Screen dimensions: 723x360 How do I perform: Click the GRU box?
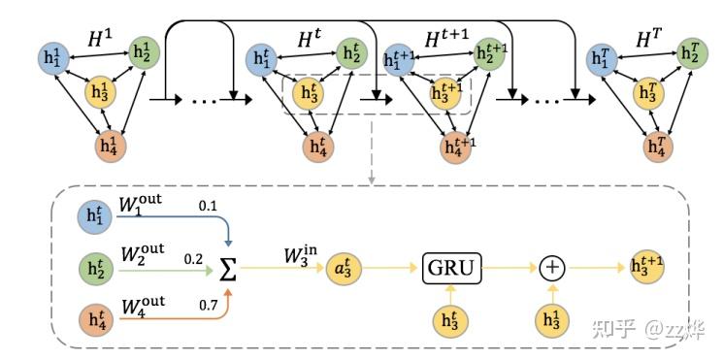pyautogui.click(x=452, y=268)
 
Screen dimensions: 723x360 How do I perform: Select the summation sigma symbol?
pyautogui.click(x=228, y=268)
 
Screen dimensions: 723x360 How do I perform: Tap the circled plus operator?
pyautogui.click(x=553, y=268)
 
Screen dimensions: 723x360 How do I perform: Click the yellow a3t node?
pyautogui.click(x=344, y=268)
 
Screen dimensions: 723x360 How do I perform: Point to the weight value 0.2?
pyautogui.click(x=194, y=259)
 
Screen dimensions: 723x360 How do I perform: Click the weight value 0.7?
pyautogui.click(x=208, y=305)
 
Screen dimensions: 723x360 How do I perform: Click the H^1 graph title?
pyautogui.click(x=101, y=39)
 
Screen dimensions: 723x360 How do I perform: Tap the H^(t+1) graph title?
pyautogui.click(x=446, y=40)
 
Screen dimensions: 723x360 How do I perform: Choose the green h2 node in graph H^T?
pyautogui.click(x=692, y=53)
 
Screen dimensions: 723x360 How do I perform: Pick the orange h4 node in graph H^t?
pyautogui.click(x=317, y=147)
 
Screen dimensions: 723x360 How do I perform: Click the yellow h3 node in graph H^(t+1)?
pyautogui.click(x=445, y=93)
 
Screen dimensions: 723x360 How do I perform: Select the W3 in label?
pyautogui.click(x=301, y=256)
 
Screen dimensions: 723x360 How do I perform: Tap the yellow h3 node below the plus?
pyautogui.click(x=553, y=320)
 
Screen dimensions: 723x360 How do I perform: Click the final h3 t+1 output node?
pyautogui.click(x=647, y=268)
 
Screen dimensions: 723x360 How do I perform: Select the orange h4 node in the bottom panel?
pyautogui.click(x=95, y=320)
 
